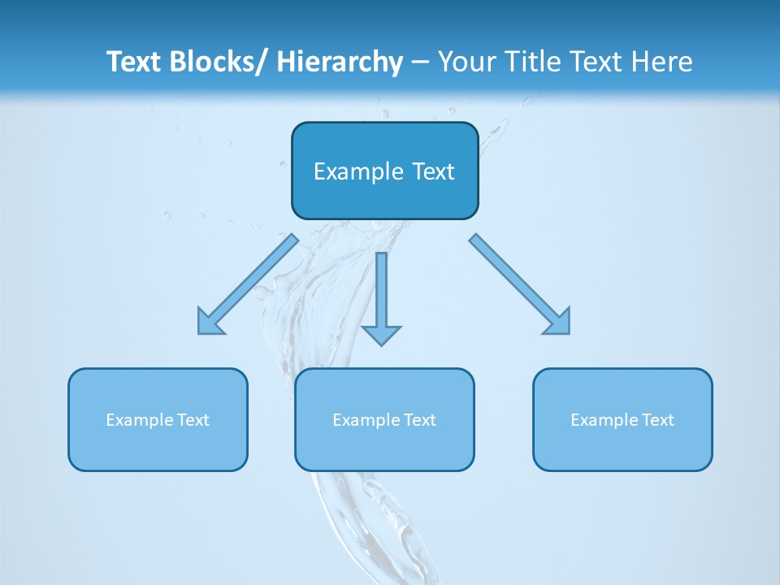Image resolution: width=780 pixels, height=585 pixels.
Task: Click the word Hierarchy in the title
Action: point(340,62)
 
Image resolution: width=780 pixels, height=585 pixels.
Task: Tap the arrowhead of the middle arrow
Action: point(381,335)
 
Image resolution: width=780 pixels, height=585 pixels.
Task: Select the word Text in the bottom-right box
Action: point(656,420)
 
